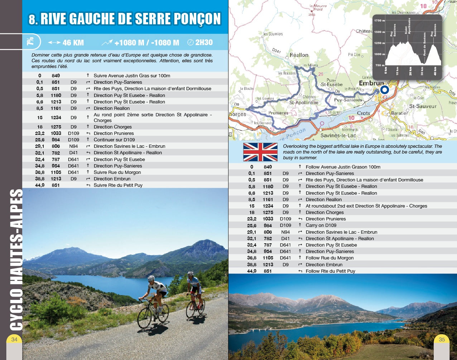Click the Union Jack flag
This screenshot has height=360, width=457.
(x=260, y=152)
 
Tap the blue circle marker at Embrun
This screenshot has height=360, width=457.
(x=384, y=89)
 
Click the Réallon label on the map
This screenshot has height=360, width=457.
(x=299, y=55)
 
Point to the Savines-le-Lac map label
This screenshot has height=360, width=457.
(x=338, y=136)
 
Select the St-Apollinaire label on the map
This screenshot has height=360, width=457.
(x=304, y=102)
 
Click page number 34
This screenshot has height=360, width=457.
(x=14, y=339)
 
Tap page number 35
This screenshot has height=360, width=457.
(x=442, y=339)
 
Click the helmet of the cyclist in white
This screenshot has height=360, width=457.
(x=151, y=278)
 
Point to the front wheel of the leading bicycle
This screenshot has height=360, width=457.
(x=144, y=318)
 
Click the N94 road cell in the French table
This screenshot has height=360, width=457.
(x=73, y=146)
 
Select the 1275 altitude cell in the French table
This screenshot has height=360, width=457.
(x=56, y=127)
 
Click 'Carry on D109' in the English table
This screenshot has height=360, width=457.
(x=321, y=225)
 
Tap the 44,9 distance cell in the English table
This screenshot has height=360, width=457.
(x=252, y=271)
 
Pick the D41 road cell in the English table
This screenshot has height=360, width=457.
(x=285, y=238)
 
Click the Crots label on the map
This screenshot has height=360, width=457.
(x=364, y=113)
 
